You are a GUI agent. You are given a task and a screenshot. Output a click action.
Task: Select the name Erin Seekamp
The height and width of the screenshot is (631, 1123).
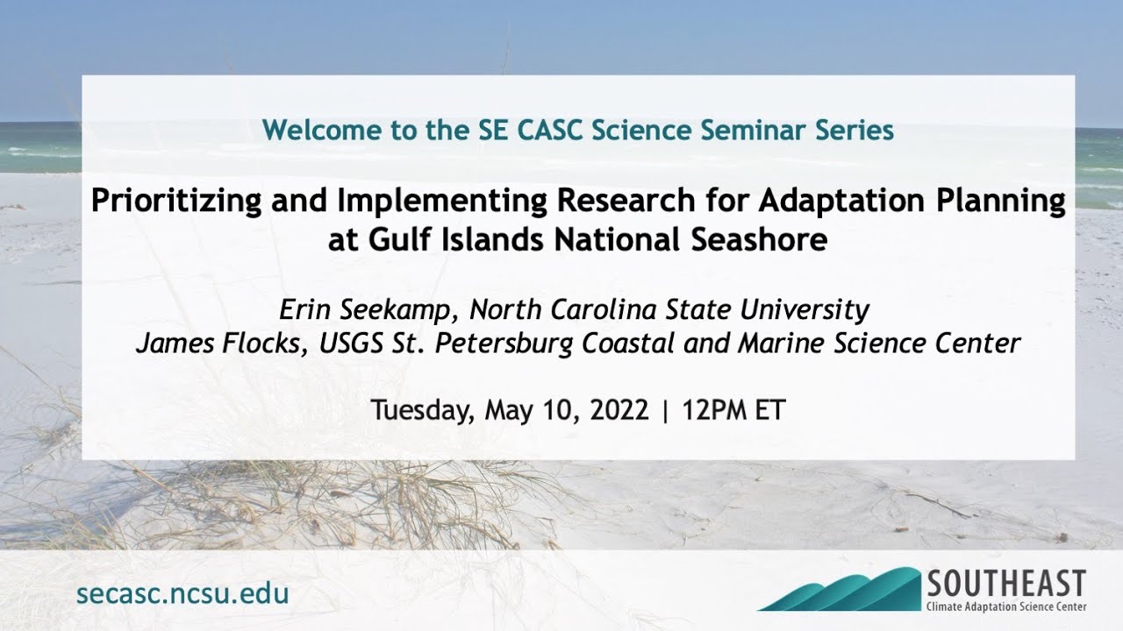coord(369,309)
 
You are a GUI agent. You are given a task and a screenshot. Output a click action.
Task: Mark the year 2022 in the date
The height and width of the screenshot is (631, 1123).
coord(617,410)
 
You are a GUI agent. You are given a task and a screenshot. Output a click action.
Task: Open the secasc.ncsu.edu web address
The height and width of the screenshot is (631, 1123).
coord(182,593)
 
